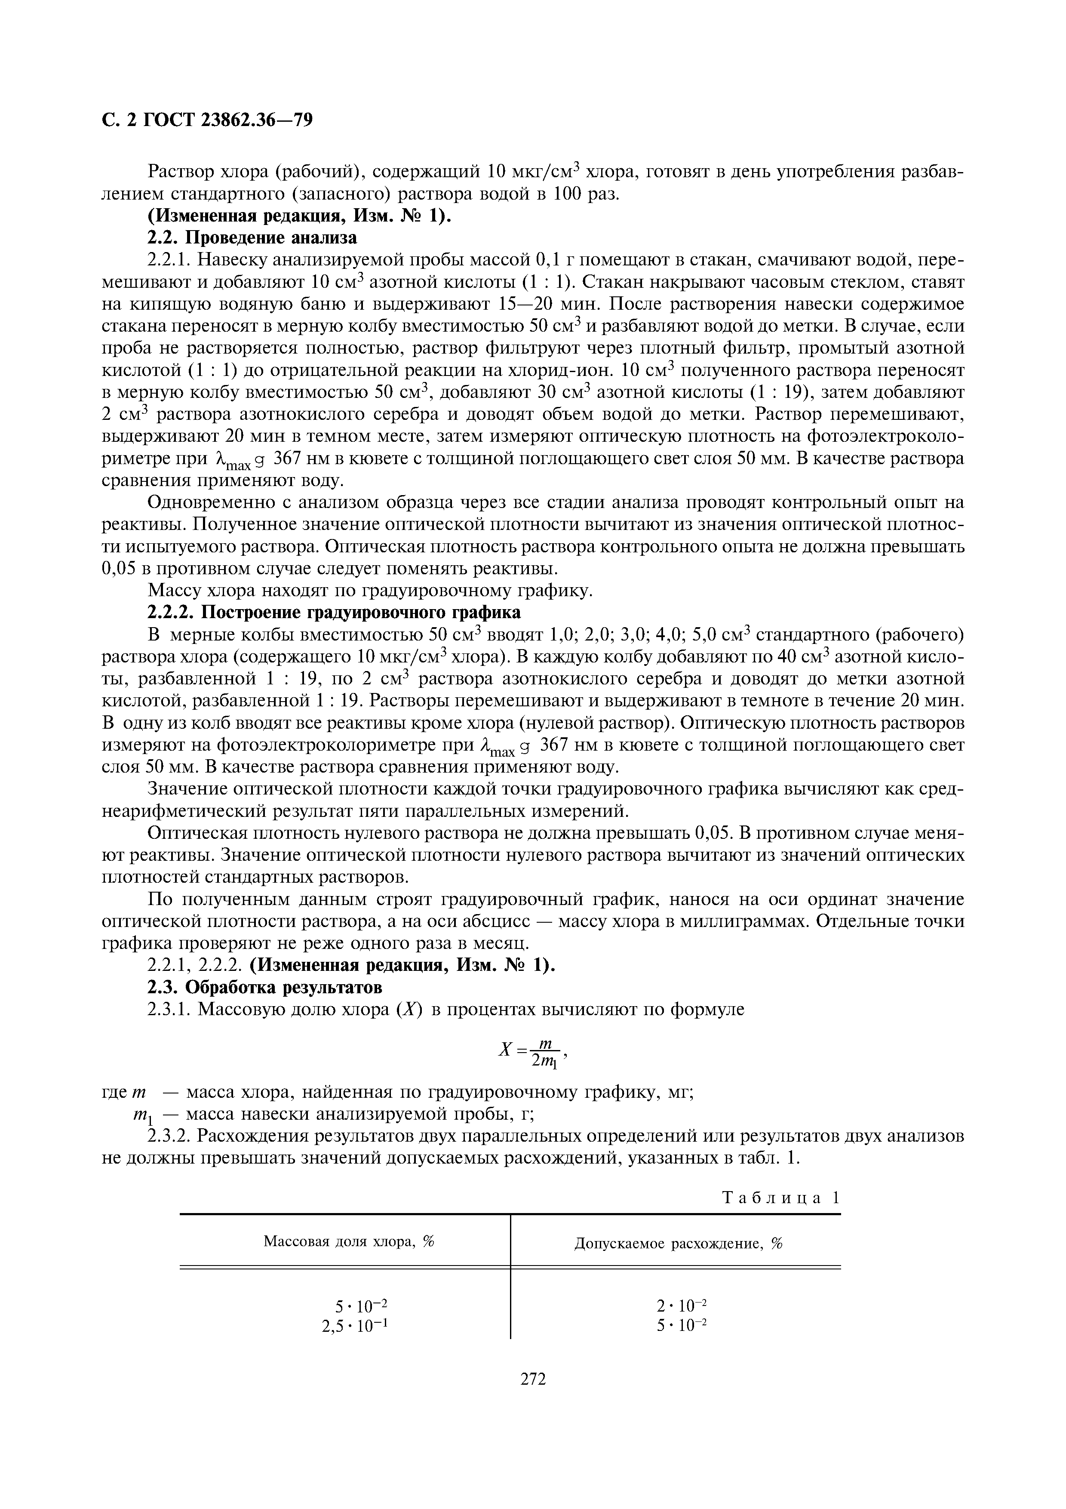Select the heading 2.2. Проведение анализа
click(252, 237)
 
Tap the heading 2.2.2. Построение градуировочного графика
click(334, 613)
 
